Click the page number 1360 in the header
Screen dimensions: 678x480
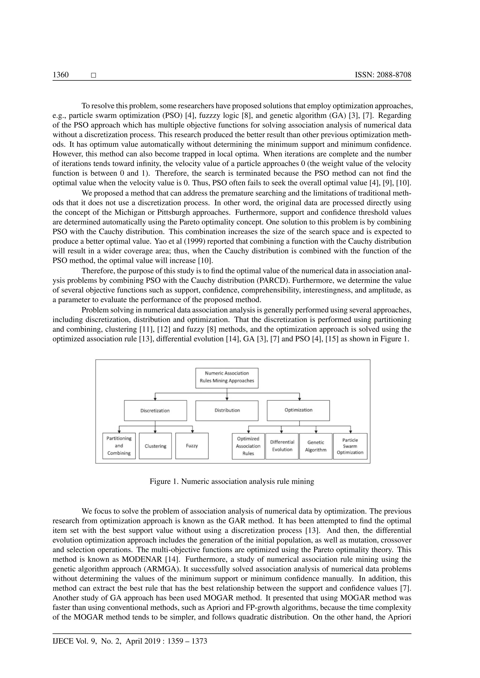point(61,75)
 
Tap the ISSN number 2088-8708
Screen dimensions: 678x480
point(383,75)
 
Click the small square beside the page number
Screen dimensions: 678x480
point(94,75)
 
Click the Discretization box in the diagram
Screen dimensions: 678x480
point(155,410)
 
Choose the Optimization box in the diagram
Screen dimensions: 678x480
point(298,410)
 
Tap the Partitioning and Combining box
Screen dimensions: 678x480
point(119,446)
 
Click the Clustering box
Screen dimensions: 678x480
point(155,446)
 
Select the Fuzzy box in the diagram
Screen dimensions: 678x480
point(192,446)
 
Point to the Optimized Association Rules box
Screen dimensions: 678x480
point(248,446)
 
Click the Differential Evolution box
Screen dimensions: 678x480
point(282,446)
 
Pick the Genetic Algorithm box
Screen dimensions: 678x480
point(316,446)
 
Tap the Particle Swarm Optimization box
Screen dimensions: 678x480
point(350,446)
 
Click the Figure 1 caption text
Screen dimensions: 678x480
point(232,482)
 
